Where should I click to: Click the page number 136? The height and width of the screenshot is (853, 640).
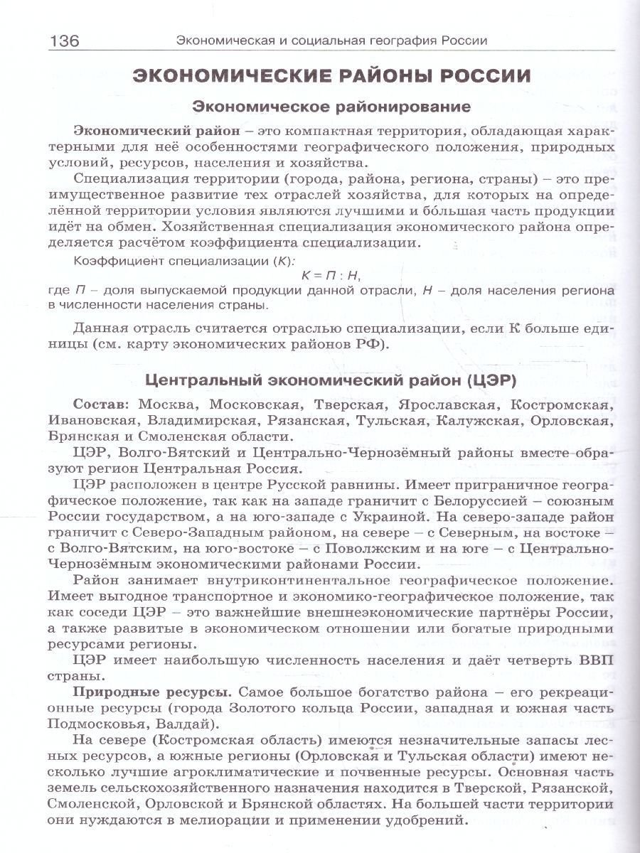tap(63, 41)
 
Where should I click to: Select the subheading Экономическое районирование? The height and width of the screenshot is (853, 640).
tap(332, 107)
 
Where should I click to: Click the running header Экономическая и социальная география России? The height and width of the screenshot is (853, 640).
tap(331, 41)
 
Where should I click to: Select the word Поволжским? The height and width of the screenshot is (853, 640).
tap(342, 549)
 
